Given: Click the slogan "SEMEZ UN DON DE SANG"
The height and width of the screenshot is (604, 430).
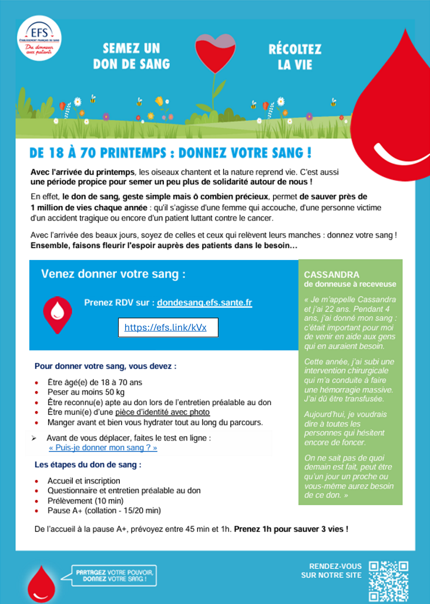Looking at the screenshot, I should point(131,56).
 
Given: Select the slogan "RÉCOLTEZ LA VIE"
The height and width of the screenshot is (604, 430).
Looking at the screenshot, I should point(294,56).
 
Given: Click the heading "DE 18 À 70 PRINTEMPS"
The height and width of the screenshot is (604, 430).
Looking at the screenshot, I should point(170,154).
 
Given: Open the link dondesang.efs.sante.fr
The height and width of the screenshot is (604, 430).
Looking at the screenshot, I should point(204,303).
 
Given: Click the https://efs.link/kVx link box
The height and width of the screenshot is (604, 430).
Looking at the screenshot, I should point(168,328).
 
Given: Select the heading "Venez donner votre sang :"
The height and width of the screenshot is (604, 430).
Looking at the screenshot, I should point(113,274).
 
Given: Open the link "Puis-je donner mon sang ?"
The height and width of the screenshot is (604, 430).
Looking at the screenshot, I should point(103,448).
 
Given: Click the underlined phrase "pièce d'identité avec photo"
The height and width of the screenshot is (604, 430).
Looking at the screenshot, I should point(162,412).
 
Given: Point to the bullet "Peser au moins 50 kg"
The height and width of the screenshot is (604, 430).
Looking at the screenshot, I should point(86,392).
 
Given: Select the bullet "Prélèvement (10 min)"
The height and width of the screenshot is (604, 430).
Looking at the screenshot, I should point(86,500).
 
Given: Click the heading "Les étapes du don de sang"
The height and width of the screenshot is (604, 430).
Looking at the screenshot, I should point(88,465).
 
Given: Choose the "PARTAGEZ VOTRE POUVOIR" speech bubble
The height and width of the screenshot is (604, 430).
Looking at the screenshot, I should point(115,576).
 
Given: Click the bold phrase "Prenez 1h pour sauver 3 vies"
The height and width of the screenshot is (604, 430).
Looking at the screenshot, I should point(291,529).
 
